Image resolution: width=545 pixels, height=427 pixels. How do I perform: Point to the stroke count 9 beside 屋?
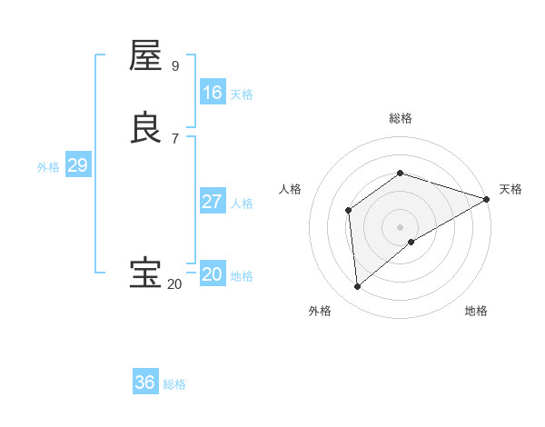(x=175, y=65)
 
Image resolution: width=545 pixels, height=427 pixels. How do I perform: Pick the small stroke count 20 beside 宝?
(x=174, y=284)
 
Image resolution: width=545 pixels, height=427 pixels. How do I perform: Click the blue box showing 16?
(x=213, y=93)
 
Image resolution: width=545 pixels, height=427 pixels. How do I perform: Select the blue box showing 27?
(x=213, y=202)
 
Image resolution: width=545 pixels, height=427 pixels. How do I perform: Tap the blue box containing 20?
(x=213, y=274)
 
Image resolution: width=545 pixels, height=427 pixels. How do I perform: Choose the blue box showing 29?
(x=77, y=165)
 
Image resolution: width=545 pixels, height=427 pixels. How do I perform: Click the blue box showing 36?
(x=145, y=382)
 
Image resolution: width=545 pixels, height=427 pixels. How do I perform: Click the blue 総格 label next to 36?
(x=174, y=384)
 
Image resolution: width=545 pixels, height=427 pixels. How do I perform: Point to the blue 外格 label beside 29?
(x=48, y=167)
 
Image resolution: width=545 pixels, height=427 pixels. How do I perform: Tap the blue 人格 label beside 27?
(x=242, y=204)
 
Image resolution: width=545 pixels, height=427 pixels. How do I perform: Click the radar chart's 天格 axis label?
(x=510, y=189)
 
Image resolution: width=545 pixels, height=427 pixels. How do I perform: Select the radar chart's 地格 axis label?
(x=476, y=311)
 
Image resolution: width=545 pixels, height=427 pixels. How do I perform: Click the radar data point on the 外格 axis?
(x=357, y=287)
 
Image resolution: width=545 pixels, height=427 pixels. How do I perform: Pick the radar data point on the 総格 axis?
(x=401, y=173)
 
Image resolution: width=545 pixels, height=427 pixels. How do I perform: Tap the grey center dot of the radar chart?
(x=401, y=227)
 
